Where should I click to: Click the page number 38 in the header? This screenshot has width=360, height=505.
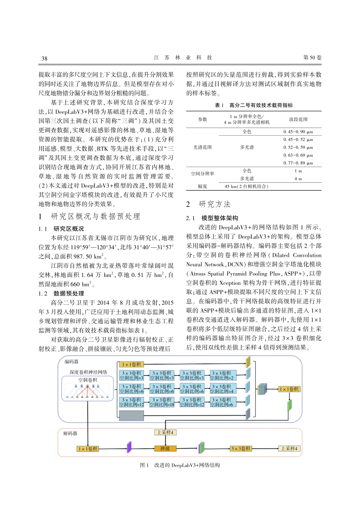(x=44, y=58)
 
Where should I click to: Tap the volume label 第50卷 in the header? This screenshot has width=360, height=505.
(x=312, y=58)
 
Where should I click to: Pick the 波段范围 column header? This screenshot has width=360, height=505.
(x=298, y=119)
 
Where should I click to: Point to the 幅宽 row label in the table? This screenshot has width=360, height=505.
(x=202, y=186)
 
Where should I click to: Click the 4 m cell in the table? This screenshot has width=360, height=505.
(x=298, y=178)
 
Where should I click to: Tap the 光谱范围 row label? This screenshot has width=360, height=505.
(x=202, y=147)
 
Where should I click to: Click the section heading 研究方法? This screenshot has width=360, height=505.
(x=214, y=204)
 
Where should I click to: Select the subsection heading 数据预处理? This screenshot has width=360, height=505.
(x=69, y=293)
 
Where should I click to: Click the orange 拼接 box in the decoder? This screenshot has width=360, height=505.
(x=165, y=449)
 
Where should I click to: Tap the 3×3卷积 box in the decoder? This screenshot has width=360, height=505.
(x=241, y=449)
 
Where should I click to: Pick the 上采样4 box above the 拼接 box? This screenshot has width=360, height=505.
(x=165, y=432)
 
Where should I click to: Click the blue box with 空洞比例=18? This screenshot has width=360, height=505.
(x=162, y=402)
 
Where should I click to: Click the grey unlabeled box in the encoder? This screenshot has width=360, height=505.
(x=131, y=416)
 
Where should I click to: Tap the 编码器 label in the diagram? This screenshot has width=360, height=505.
(x=71, y=362)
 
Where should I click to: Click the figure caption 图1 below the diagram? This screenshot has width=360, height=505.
(x=180, y=465)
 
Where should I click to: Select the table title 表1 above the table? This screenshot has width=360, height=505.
(x=254, y=105)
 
